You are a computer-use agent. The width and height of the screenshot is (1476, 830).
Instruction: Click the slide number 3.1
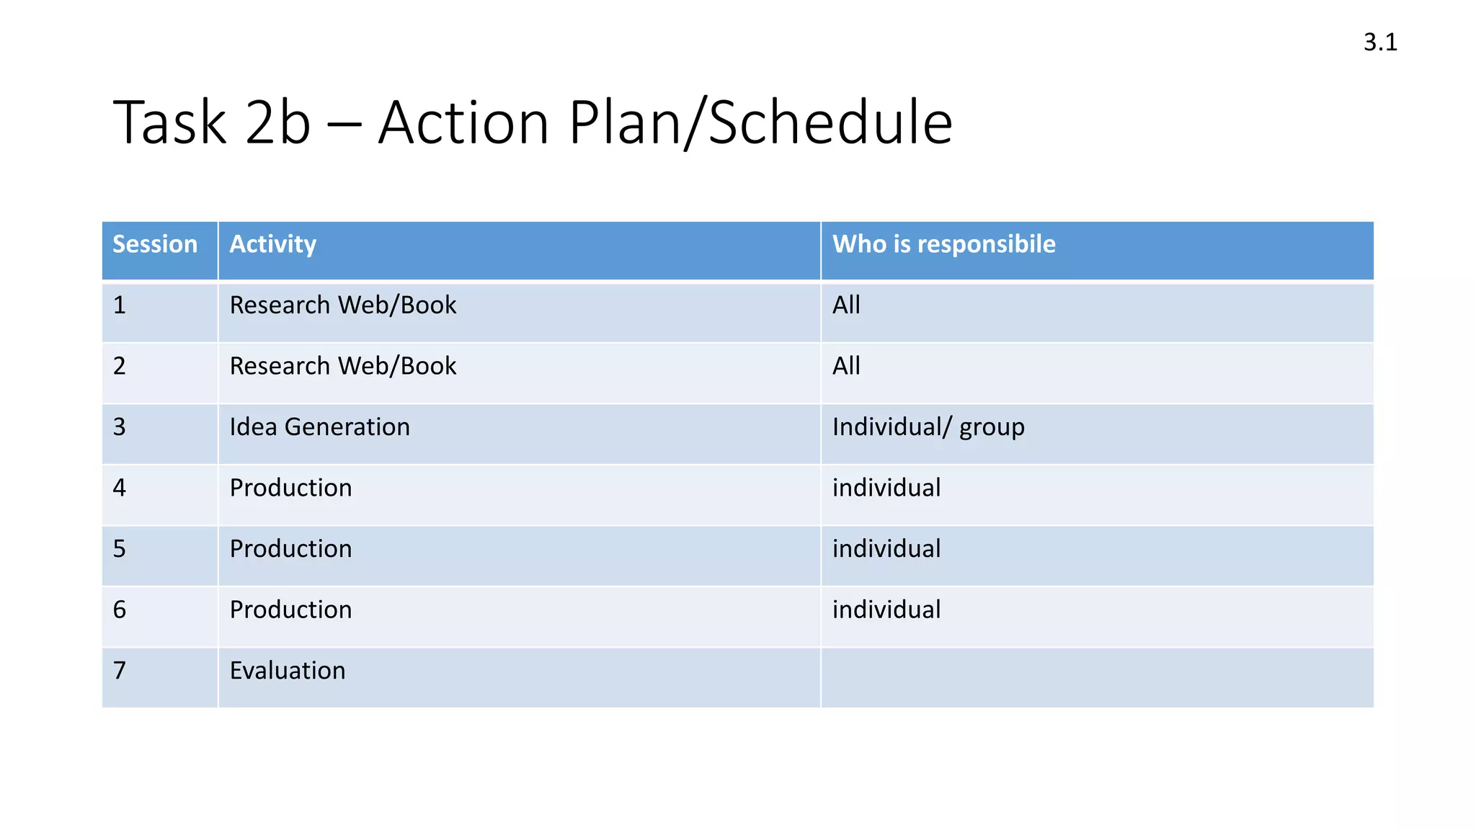(1379, 43)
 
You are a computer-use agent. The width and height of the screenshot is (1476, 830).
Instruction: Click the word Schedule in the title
(830, 122)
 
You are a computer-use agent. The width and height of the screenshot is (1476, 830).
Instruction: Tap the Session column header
(155, 244)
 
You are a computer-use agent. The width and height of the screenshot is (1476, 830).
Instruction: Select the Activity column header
(272, 244)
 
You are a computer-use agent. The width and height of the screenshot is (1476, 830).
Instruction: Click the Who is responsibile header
(943, 244)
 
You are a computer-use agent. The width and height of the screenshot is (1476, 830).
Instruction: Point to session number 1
(120, 305)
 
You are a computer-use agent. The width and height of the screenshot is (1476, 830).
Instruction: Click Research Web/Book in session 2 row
(343, 366)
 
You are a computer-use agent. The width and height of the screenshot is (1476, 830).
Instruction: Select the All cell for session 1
(846, 305)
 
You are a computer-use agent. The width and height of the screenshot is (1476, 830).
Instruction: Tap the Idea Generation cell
(319, 427)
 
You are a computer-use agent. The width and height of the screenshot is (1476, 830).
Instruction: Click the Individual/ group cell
(928, 427)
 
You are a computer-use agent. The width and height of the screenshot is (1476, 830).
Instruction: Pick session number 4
(120, 488)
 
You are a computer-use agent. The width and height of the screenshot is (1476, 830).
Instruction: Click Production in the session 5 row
(290, 549)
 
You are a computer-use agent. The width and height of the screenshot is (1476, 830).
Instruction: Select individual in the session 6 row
(886, 610)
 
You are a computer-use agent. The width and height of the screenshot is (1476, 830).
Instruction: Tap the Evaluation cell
(288, 671)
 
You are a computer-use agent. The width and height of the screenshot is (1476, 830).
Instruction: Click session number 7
(120, 671)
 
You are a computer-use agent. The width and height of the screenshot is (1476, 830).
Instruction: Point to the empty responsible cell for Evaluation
(1095, 677)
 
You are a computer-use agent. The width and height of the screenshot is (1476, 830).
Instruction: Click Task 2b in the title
(212, 122)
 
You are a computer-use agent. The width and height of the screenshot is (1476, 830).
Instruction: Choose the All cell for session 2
(846, 366)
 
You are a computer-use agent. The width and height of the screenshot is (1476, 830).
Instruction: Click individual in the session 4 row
(886, 488)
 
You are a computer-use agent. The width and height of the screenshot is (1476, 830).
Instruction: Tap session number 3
(120, 427)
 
